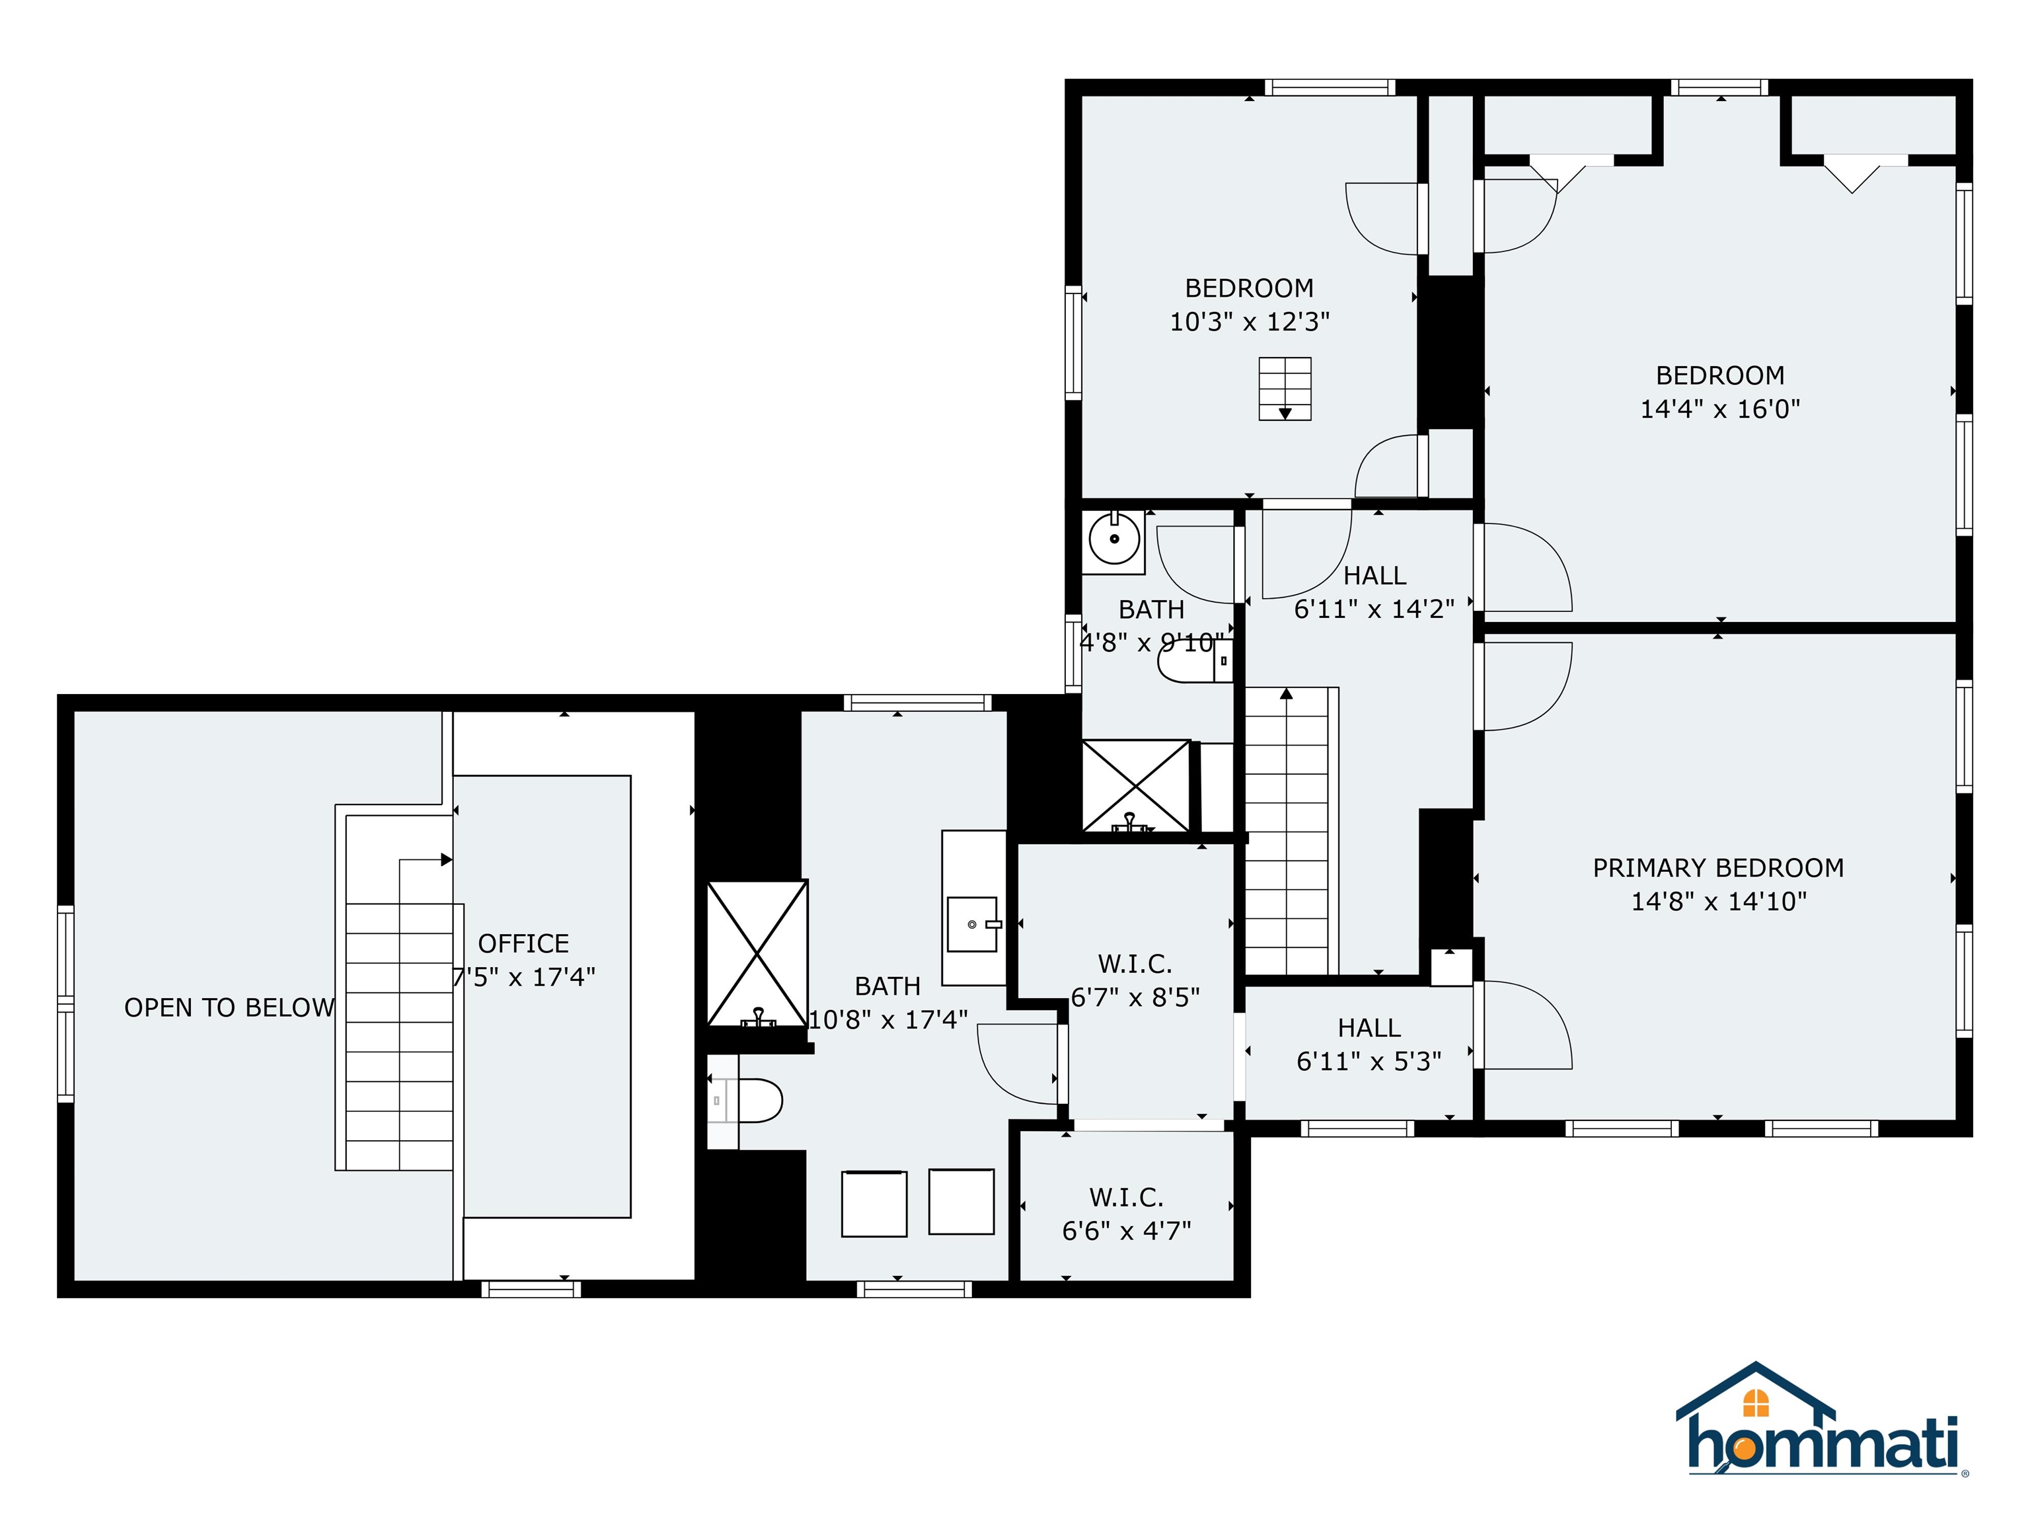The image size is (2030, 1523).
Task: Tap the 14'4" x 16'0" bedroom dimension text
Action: click(1720, 409)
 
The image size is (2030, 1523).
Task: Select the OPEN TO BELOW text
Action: click(229, 1008)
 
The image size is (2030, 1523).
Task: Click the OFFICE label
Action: click(523, 944)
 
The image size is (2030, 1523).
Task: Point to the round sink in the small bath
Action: click(1113, 539)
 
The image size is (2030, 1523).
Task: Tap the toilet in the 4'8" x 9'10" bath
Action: click(1187, 661)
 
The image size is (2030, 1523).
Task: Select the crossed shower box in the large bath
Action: click(757, 953)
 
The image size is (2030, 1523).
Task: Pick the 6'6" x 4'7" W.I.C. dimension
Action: click(1126, 1231)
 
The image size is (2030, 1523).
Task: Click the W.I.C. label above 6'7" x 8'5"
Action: click(1135, 964)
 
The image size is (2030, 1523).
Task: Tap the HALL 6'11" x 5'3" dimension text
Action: click(1369, 1061)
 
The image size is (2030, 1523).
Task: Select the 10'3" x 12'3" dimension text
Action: click(1249, 322)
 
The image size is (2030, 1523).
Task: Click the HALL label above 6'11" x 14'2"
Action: click(1374, 576)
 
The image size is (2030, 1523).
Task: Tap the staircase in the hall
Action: click(1287, 831)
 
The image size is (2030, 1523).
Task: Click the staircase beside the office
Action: click(399, 1036)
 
